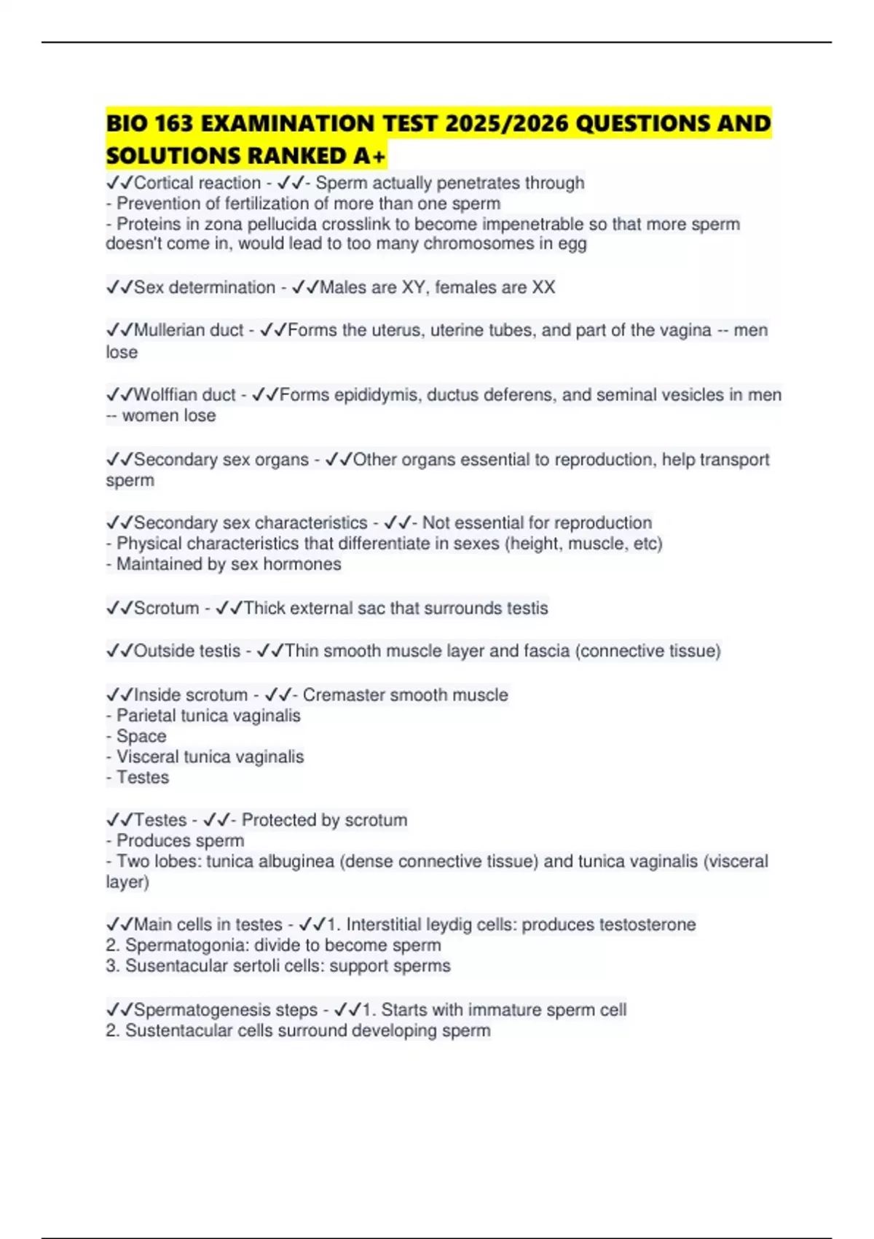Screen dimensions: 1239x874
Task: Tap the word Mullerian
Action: click(x=170, y=330)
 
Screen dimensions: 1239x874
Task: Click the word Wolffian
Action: click(x=167, y=395)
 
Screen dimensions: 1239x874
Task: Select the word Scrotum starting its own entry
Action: click(x=166, y=608)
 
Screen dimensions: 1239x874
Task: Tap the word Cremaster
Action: click(x=341, y=695)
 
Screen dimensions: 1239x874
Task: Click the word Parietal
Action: click(x=146, y=715)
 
